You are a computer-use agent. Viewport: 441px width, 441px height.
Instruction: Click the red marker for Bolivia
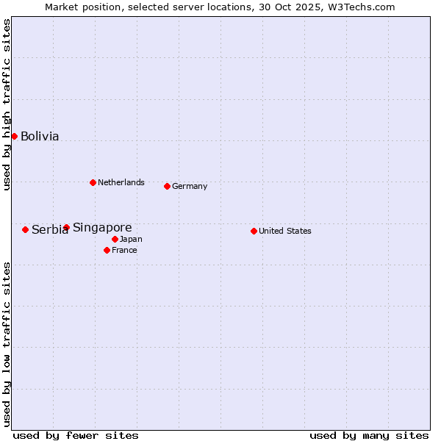[14, 136]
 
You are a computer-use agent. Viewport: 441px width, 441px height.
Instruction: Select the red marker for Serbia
[25, 229]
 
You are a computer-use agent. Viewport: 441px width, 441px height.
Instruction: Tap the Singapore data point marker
[66, 227]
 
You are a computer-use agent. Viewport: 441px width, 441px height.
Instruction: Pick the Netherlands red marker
[93, 182]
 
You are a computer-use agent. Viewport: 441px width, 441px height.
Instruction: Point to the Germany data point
[167, 186]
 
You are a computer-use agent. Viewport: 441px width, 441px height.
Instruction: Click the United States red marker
[254, 231]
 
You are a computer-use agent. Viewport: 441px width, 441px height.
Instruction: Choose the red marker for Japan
[115, 239]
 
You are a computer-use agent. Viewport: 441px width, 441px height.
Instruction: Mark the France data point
[107, 250]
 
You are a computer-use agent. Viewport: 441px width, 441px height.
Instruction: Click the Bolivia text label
[40, 136]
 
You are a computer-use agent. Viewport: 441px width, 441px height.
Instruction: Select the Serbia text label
[49, 230]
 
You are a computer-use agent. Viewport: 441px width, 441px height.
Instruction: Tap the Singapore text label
[102, 227]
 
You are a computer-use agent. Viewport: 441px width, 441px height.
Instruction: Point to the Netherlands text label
[121, 182]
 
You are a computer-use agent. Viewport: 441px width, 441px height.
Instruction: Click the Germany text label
[190, 186]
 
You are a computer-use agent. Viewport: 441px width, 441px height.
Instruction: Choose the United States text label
[285, 231]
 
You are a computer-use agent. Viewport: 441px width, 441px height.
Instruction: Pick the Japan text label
[131, 239]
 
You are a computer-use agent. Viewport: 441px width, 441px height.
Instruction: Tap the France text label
[124, 250]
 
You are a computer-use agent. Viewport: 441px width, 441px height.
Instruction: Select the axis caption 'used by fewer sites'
[76, 435]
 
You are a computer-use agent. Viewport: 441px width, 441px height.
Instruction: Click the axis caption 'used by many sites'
[369, 435]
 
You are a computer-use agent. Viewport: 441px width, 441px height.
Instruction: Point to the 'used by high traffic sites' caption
[7, 104]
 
